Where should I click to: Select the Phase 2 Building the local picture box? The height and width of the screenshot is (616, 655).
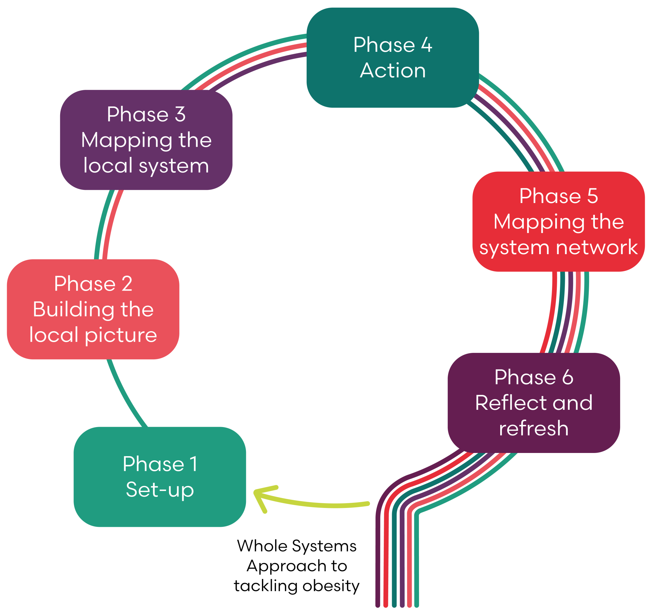[93, 309]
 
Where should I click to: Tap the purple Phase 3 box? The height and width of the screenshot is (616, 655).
[146, 140]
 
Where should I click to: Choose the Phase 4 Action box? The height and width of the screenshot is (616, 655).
[392, 58]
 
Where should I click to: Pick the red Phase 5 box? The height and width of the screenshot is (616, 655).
[558, 221]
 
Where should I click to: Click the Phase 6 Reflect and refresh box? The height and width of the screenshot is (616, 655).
[534, 403]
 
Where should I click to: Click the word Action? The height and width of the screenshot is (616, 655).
[393, 70]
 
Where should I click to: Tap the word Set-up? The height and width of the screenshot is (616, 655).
[160, 490]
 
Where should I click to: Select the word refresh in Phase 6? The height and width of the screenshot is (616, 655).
[534, 428]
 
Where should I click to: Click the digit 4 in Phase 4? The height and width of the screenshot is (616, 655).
[426, 45]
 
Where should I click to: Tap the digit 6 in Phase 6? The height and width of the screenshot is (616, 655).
[567, 377]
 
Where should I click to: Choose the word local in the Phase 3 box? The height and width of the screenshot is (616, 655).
[108, 165]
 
